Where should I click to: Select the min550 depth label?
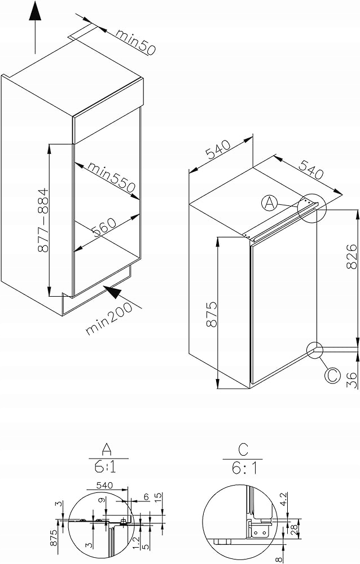[112, 177]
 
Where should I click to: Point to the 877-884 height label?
[43, 220]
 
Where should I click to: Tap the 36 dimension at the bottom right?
[352, 380]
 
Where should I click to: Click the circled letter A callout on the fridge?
[269, 203]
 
